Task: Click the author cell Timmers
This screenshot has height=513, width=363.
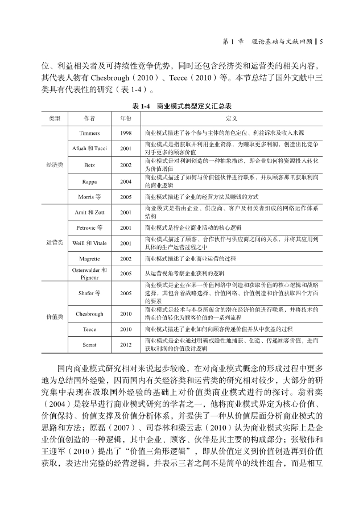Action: click(89, 132)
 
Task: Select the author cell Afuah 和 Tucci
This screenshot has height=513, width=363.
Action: click(89, 148)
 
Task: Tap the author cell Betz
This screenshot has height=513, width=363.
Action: click(89, 164)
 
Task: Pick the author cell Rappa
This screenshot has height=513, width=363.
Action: click(89, 181)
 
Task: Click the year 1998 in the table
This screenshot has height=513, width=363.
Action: click(126, 132)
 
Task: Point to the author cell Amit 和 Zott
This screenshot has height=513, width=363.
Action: click(89, 212)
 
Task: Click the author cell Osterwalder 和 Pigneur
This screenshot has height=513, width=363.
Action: click(89, 274)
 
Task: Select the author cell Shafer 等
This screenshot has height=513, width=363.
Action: click(89, 293)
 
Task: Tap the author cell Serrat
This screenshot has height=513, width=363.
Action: click(89, 345)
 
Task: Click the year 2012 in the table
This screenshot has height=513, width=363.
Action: click(126, 345)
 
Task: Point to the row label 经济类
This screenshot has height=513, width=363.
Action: click(55, 164)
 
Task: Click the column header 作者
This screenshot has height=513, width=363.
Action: click(89, 118)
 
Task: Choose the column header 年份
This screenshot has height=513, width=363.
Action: click(126, 118)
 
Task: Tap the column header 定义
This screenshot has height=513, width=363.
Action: click(231, 118)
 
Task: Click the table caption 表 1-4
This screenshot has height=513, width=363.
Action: click(143, 106)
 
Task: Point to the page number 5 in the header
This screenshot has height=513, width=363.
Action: click(321, 41)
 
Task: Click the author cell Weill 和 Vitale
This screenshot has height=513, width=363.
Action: click(89, 243)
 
